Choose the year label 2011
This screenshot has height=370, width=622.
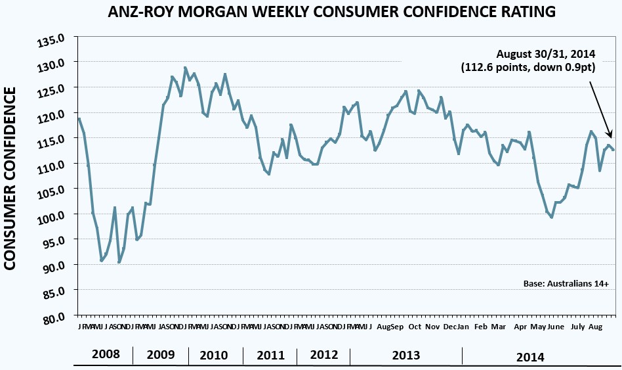point(271,356)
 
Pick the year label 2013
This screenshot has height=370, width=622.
point(406,356)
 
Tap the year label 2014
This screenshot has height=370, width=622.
point(530,358)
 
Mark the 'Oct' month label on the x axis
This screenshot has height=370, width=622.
point(415,327)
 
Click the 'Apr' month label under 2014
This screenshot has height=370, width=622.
point(521,327)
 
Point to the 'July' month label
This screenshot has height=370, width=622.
point(578,327)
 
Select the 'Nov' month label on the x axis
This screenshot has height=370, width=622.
point(432,327)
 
